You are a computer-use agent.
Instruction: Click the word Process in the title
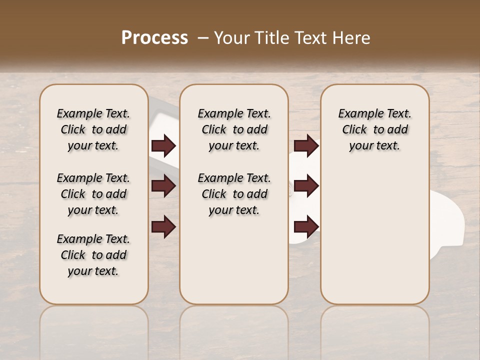154,37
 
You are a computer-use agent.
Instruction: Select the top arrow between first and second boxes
163,145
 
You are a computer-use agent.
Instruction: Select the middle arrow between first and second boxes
163,186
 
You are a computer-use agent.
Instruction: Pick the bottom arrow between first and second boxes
163,226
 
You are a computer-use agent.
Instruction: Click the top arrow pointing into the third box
306,145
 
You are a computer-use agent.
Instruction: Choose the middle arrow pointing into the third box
306,186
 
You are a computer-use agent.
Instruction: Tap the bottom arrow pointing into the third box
306,226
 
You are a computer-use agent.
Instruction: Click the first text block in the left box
93,129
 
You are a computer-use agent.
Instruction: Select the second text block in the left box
93,194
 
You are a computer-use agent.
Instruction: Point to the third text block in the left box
93,255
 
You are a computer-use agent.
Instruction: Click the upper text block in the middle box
234,129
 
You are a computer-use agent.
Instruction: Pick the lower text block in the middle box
234,194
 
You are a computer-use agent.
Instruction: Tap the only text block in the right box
374,129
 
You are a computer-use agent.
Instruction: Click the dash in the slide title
203,37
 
